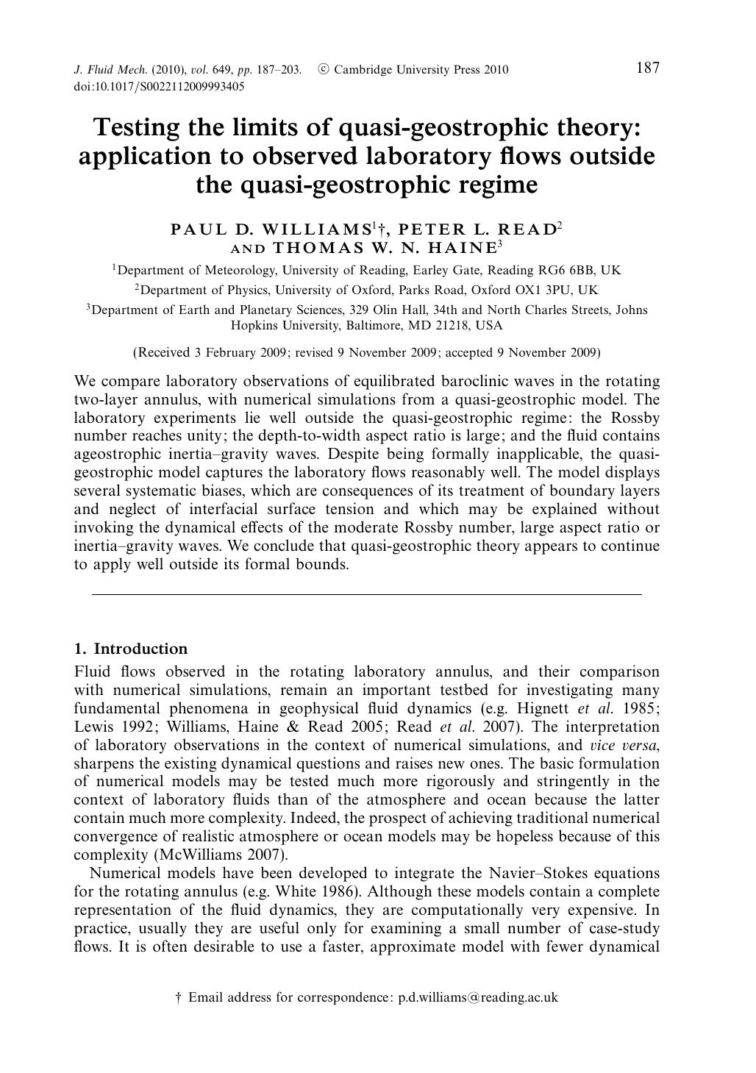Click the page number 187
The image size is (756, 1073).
[647, 68]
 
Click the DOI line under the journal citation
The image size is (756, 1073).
[159, 86]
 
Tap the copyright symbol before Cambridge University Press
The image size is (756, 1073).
[323, 70]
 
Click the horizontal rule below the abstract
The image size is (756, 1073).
[367, 593]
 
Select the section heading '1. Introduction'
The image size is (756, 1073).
[131, 649]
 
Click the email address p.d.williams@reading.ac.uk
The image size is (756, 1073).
[478, 997]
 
